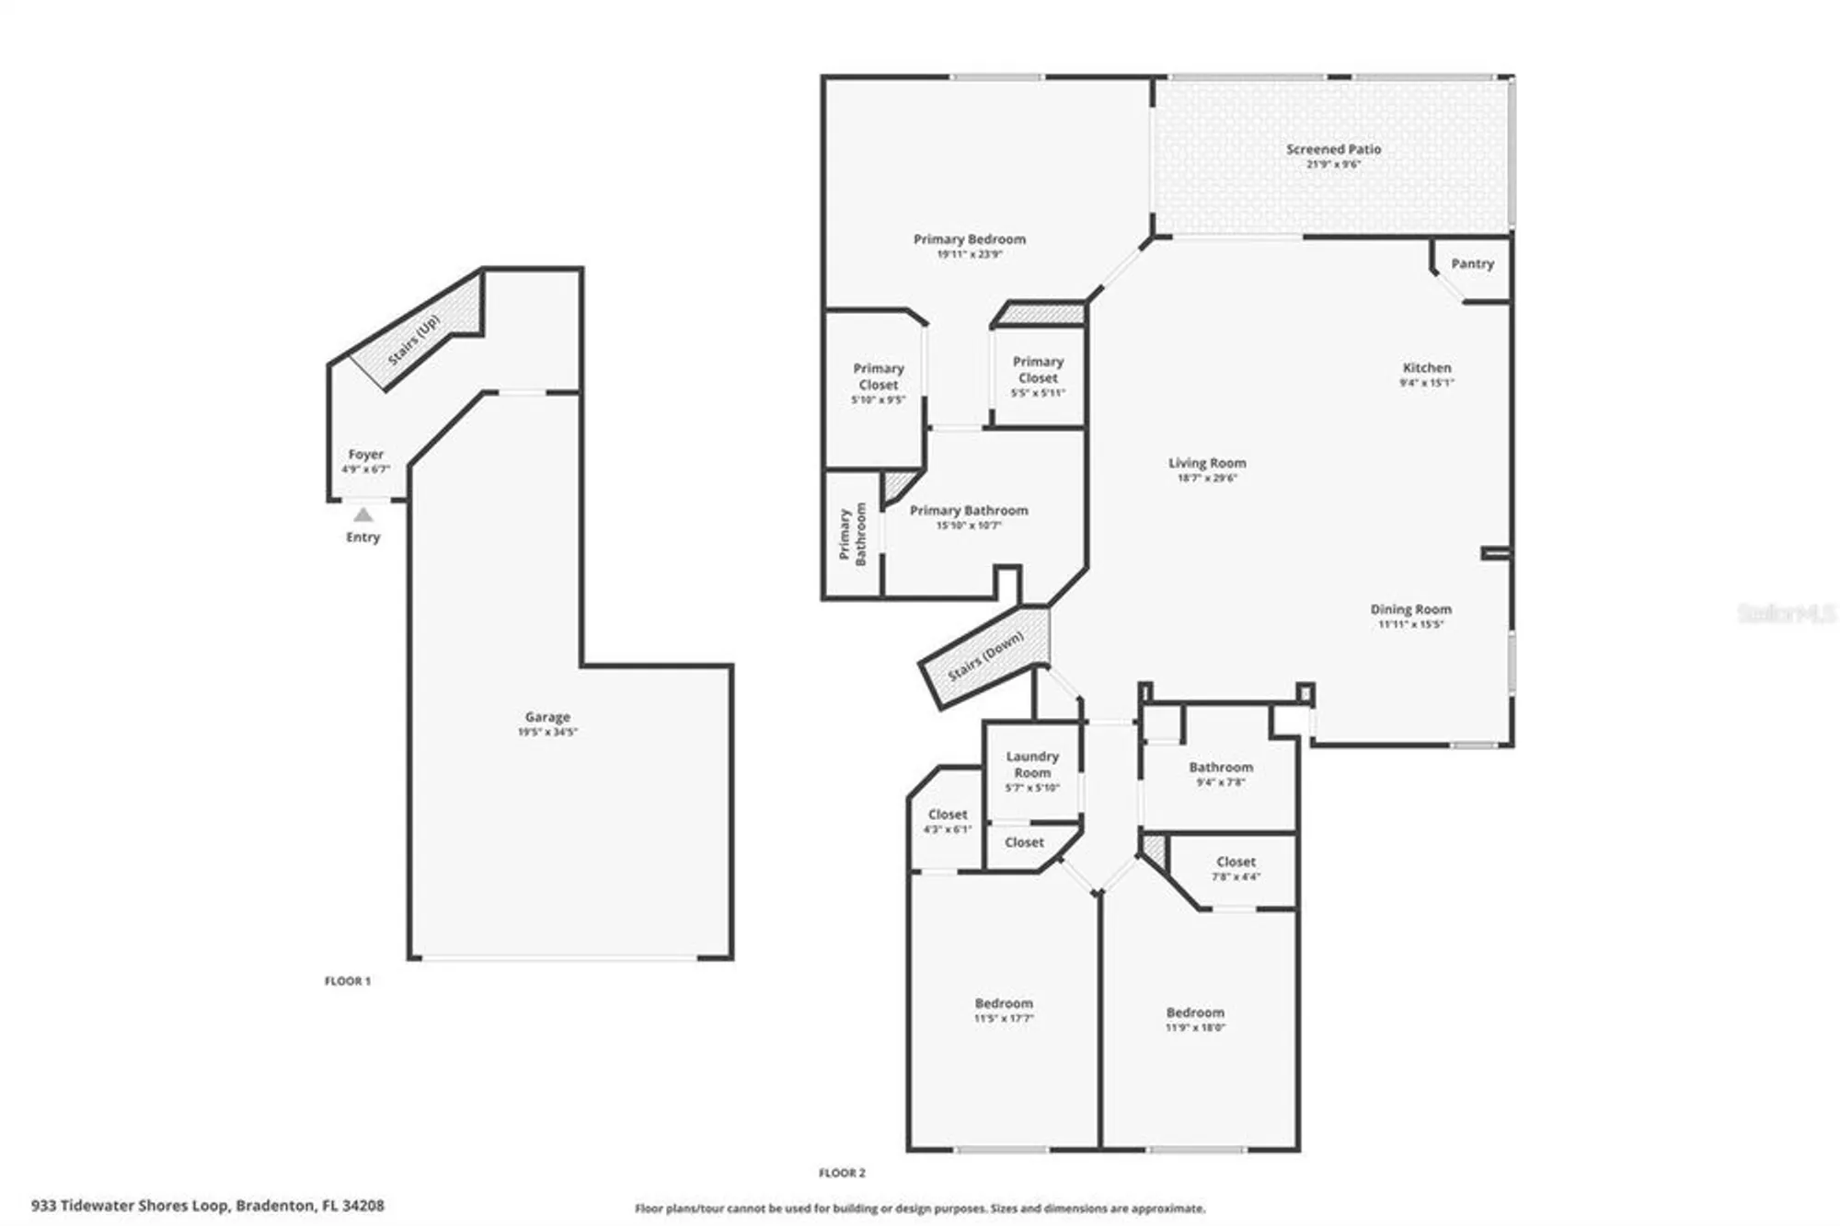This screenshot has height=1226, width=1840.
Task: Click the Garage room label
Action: pos(547,716)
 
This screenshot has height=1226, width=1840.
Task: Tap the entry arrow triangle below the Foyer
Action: pos(363,515)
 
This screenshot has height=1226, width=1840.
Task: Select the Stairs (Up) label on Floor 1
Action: pos(414,340)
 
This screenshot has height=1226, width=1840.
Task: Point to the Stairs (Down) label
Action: pos(985,656)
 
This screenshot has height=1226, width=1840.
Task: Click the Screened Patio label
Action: pos(1333,149)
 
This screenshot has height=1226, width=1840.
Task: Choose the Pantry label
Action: pos(1472,263)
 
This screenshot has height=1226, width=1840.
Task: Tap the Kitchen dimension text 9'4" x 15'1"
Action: pos(1426,383)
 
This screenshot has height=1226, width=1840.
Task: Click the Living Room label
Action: pos(1207,463)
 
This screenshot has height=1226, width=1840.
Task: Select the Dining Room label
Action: pos(1410,609)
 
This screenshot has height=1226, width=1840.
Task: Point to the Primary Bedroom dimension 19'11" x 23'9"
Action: pos(969,254)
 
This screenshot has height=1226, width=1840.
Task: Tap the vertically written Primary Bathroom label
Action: pos(852,535)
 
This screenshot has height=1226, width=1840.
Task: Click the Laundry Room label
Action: pos(1031,764)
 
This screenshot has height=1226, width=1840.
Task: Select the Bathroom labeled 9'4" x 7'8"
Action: pos(1220,768)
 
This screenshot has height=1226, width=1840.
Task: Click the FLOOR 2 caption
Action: pos(842,1173)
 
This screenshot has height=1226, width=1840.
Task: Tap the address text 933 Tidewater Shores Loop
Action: pos(129,1205)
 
